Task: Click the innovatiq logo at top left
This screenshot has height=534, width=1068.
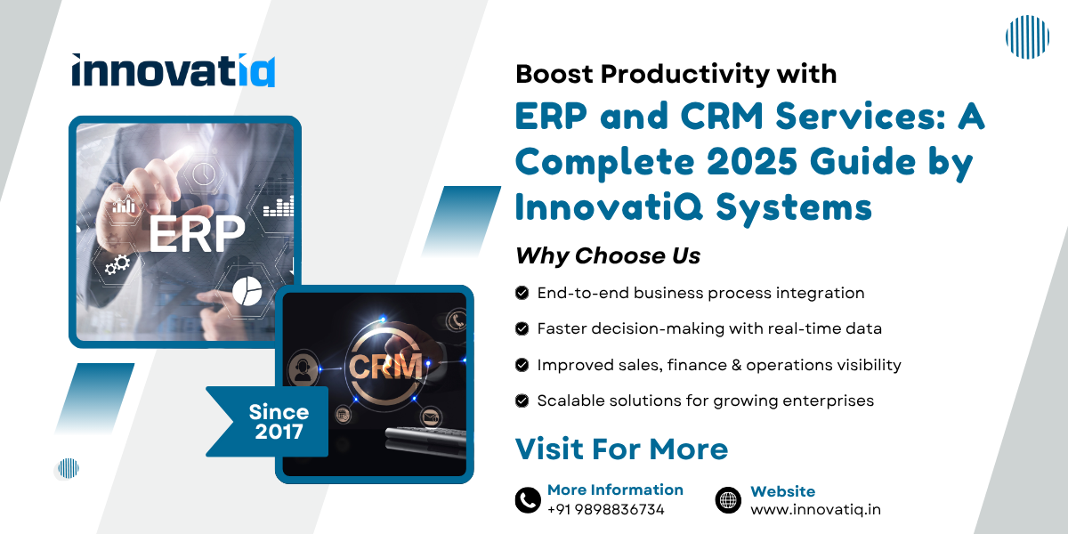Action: coord(174,70)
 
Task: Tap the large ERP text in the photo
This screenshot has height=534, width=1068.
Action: coord(196,234)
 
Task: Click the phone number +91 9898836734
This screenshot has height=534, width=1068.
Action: coord(605,510)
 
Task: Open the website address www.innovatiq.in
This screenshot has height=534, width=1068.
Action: coord(815,510)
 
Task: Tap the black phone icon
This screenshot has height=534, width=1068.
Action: coord(528,500)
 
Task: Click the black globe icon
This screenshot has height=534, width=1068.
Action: coord(728,500)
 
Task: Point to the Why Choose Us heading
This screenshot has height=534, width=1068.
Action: coord(608,256)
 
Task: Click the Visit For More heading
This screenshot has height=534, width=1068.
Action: coord(621,449)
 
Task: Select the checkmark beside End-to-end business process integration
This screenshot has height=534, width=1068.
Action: coord(522,293)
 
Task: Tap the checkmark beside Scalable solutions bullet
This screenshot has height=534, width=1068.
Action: coord(522,400)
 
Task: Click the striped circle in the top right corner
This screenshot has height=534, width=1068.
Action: coord(1027,37)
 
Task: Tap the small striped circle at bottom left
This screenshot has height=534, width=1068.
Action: coord(69,468)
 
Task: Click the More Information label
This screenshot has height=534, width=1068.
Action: coord(615,489)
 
